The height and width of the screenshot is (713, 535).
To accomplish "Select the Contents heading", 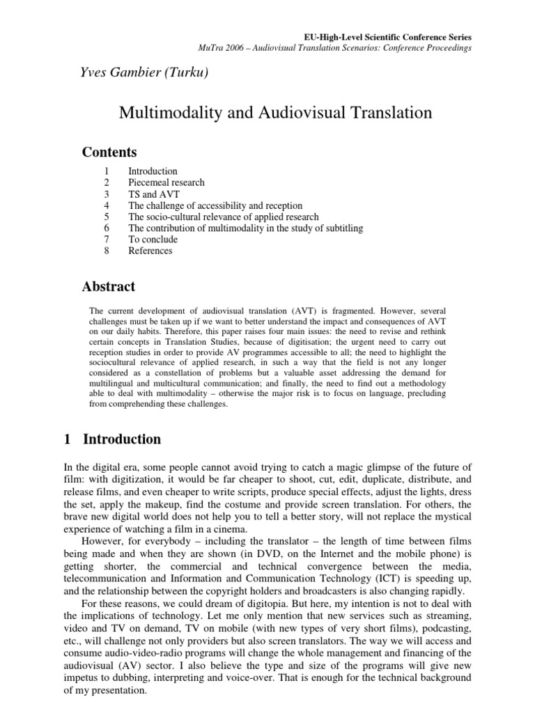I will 109,152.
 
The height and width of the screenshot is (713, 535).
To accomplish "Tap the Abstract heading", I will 109,286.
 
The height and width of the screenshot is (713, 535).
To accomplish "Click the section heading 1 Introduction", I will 112,439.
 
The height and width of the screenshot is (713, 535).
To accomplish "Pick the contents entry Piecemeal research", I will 166,182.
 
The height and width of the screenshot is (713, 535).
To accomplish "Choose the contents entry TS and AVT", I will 150,194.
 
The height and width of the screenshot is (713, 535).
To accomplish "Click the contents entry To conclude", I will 153,240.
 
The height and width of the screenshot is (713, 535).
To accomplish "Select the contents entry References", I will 150,251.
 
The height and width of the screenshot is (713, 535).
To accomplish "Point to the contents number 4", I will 106,205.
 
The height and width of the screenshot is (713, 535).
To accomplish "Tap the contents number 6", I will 106,228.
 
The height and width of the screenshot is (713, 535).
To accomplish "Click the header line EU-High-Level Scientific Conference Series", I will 389,36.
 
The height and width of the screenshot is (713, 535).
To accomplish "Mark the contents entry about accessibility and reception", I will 215,205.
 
